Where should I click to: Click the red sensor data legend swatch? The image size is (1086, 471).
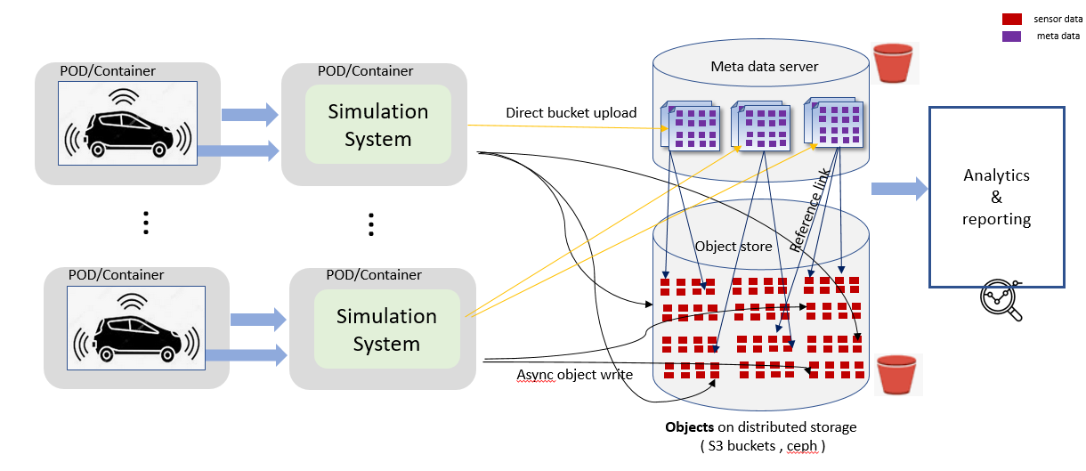coord(1011,19)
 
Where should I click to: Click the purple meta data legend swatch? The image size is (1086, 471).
coord(1011,37)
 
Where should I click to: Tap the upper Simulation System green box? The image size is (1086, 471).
coord(378,125)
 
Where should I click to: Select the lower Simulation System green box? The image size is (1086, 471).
coord(386,329)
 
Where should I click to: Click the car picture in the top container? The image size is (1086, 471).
coord(127,124)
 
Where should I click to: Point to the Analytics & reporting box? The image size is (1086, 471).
coord(996,197)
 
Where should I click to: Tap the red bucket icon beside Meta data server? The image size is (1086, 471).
coord(893,63)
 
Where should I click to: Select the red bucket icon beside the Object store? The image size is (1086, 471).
coord(896,374)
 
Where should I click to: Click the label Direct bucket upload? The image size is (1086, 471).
coord(571,113)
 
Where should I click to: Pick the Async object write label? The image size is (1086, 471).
coord(574,375)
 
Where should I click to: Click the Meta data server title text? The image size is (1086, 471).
coord(764,67)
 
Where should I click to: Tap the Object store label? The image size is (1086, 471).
coord(733,246)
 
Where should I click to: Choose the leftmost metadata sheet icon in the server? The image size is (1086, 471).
coord(689,125)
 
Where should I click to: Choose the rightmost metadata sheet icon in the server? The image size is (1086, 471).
coord(836,121)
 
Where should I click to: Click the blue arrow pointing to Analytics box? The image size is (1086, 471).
coord(898,188)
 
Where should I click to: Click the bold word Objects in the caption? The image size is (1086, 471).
coord(689,427)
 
